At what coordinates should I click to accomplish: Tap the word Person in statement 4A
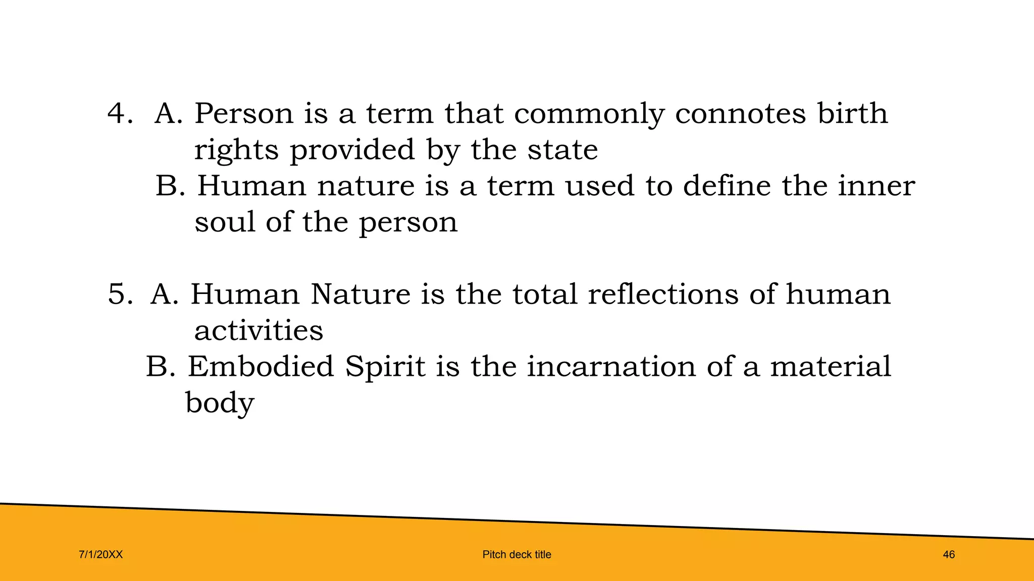point(244,113)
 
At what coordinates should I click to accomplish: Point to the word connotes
point(740,113)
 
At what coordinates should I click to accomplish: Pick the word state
point(562,150)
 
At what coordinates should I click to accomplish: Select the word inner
point(876,186)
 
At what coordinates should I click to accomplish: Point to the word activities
point(258,330)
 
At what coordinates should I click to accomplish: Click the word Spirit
point(385,367)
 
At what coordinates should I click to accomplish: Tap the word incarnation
point(611,366)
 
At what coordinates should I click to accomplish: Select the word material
point(831,366)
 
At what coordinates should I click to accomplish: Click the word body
point(220,403)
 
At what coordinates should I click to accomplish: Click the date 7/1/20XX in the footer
point(101,555)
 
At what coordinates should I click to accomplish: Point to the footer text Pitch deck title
point(516,555)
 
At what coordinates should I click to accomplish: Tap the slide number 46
point(949,555)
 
